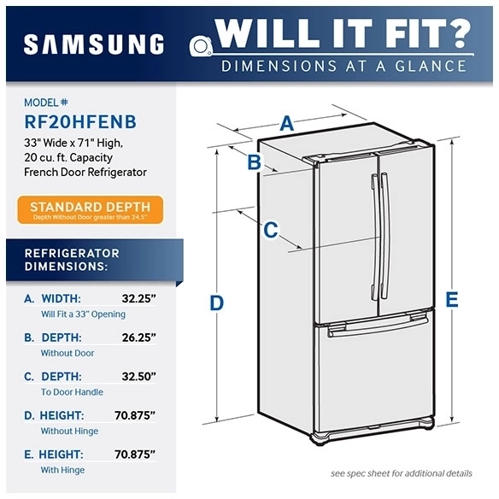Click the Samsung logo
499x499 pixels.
tap(93, 44)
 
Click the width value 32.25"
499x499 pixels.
tap(137, 299)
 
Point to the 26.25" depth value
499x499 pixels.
tap(137, 338)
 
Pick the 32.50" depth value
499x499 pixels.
tap(137, 377)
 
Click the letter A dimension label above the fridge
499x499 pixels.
tap(287, 124)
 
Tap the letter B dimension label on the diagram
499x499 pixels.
tap(254, 162)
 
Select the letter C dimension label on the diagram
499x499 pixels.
tap(270, 230)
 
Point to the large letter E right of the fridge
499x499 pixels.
tap(451, 299)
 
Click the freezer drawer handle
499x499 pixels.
tap(379, 326)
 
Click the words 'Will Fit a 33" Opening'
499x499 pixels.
tap(83, 314)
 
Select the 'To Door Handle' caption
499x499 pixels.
tap(72, 392)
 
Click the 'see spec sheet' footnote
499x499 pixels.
tap(401, 473)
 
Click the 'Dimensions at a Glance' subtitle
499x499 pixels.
tap(343, 66)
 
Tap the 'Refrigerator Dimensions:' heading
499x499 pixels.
tap(72, 260)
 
